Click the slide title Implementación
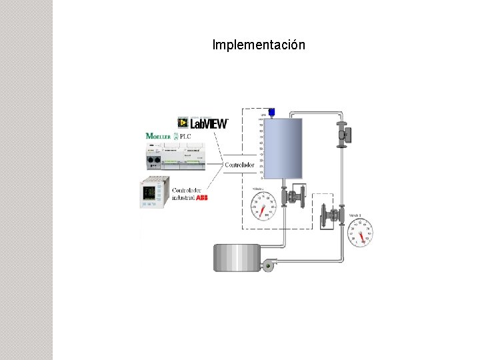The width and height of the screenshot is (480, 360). (x=259, y=45)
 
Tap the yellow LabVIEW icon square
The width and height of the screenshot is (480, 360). (x=182, y=123)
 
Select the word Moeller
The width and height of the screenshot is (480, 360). (x=158, y=136)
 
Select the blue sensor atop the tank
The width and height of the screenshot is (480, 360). (x=271, y=111)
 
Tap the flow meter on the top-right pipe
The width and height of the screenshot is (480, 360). (x=344, y=134)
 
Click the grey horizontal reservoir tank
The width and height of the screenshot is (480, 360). (x=236, y=257)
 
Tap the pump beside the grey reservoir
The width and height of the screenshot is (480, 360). (x=269, y=265)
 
